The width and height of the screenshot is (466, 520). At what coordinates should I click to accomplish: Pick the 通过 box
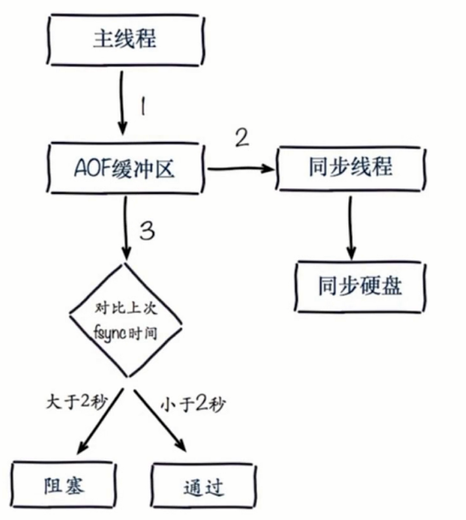pos(201,486)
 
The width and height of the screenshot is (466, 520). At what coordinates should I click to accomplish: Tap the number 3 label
pos(146,231)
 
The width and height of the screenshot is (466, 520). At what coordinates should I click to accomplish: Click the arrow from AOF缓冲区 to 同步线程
pos(240,168)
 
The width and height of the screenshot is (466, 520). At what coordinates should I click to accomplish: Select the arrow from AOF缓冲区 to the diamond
pos(124,228)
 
